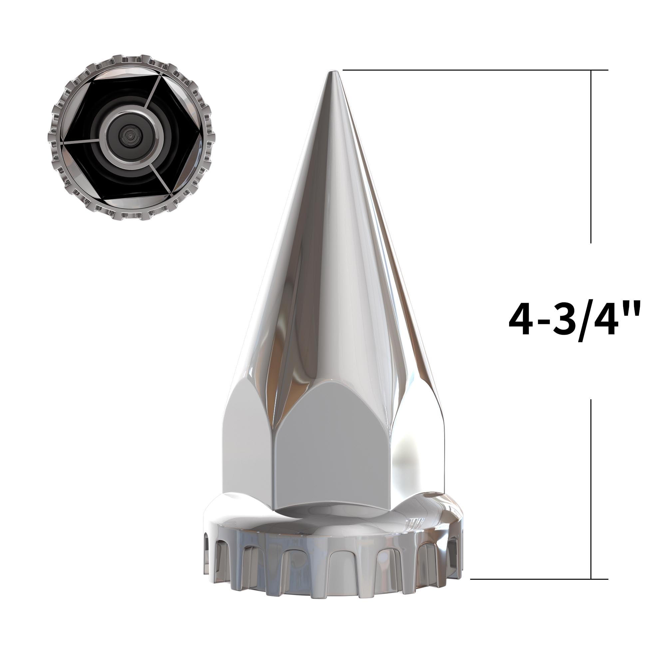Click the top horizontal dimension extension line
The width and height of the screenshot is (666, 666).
tap(466, 70)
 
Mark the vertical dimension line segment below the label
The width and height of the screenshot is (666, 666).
tap(591, 490)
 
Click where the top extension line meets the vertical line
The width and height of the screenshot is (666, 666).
tap(591, 70)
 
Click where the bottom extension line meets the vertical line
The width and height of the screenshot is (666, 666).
tap(591, 579)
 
